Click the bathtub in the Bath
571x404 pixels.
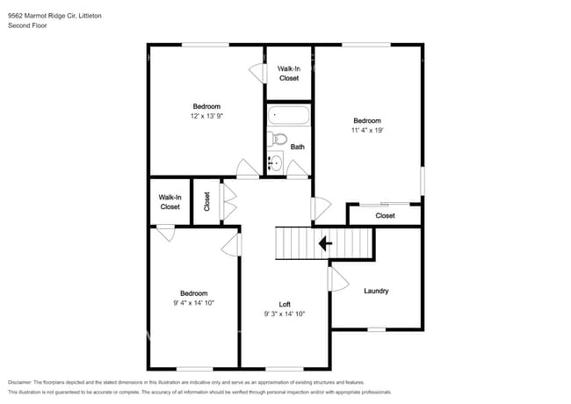tap(289, 115)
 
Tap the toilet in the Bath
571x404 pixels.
tap(277, 139)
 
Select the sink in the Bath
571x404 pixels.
tap(275, 162)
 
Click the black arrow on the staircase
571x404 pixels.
tap(325, 243)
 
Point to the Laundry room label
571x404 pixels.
tap(376, 291)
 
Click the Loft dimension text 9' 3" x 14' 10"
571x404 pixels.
tap(285, 314)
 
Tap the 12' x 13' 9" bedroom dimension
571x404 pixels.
tap(206, 116)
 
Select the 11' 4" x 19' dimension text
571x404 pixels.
tap(367, 130)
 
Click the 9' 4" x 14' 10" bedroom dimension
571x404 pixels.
tap(194, 303)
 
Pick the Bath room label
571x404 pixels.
tap(298, 147)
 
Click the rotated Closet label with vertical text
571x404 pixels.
tap(206, 202)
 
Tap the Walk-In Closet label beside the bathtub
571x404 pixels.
tap(289, 74)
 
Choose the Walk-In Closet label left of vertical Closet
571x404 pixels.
tap(170, 202)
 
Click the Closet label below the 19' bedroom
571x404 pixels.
tap(385, 216)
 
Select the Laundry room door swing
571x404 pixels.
tap(339, 279)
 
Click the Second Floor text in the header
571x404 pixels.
tap(27, 25)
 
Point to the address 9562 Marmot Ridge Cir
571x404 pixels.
tap(42, 16)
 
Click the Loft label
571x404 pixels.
tap(285, 304)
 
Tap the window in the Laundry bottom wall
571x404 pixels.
tap(377, 329)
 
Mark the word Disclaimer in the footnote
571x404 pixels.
tap(20, 382)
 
